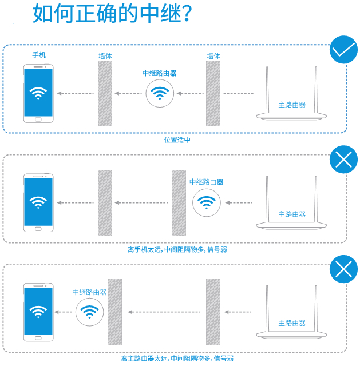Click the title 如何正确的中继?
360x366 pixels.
tap(112, 14)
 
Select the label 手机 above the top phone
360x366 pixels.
tap(39, 55)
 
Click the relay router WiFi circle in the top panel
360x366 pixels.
tap(160, 93)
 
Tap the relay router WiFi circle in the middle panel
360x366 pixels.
tap(206, 202)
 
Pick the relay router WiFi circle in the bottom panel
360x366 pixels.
tap(89, 311)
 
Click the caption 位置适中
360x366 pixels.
tap(177, 140)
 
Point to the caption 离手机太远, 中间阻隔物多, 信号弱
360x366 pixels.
tap(181, 249)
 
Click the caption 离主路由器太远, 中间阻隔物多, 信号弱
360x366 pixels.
tap(177, 359)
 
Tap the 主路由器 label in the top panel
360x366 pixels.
tap(292, 105)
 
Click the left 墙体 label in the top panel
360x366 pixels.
tap(105, 56)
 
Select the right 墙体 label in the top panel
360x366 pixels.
tap(213, 56)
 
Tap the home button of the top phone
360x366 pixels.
tap(38, 119)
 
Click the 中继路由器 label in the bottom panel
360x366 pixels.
tap(89, 292)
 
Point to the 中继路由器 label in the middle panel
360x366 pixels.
tap(206, 182)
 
